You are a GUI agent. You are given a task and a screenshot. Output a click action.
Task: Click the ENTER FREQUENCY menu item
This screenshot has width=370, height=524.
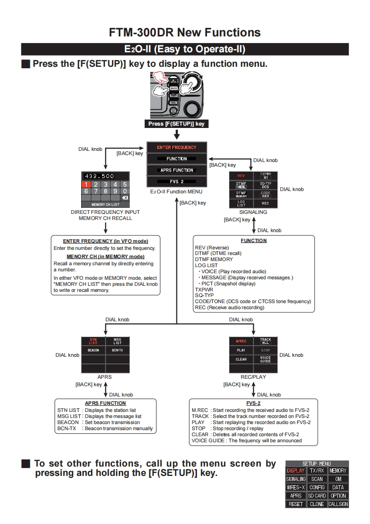pos(176,147)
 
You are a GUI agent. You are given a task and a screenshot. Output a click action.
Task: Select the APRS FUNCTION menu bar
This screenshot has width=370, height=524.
pos(176,170)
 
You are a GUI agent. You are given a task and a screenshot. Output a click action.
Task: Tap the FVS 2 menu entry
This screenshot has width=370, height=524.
pos(176,181)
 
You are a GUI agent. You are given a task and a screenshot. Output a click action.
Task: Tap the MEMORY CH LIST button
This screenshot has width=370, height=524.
pos(105,204)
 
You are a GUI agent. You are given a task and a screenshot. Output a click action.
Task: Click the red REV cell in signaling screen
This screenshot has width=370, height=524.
pos(241,176)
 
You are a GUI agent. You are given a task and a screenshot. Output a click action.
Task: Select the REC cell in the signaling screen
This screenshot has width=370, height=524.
pos(265,204)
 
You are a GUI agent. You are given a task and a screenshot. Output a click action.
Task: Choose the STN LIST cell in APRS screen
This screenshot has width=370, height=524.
pos(93,341)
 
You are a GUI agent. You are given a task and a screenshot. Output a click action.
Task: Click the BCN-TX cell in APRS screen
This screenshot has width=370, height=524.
pos(118,350)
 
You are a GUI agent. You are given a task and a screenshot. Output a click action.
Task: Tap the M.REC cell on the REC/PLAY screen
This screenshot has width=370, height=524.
pos(241,341)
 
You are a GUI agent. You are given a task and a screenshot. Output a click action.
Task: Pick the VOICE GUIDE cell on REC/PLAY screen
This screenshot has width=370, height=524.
pos(265,359)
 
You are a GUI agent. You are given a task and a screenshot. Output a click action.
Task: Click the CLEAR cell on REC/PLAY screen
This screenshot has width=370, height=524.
pos(241,359)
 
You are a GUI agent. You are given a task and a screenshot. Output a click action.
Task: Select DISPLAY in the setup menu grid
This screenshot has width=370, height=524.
pos(295,471)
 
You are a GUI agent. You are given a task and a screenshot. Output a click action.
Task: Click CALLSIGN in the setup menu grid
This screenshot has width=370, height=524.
pos(338,504)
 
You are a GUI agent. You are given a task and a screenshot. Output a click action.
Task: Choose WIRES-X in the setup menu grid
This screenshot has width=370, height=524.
pos(295,488)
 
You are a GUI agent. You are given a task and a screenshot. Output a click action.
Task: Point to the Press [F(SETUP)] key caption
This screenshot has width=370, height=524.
pos(176,124)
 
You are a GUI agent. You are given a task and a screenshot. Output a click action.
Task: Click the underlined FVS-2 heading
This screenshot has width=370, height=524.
pos(253,403)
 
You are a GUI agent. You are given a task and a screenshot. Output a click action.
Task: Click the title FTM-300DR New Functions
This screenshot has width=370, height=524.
pos(185,32)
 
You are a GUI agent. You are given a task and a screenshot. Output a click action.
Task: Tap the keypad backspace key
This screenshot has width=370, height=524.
pos(124,198)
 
